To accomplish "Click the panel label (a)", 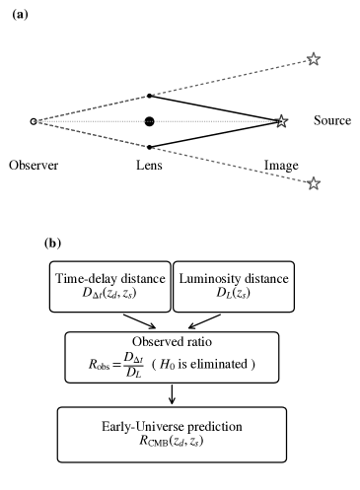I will click(18, 13).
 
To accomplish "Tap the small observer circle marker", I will click(35, 121).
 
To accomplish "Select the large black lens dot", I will click(149, 121).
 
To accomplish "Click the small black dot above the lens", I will click(149, 96).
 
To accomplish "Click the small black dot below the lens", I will click(149, 147).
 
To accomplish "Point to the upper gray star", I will click(314, 59).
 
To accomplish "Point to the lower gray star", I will click(314, 183).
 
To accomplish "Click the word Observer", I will click(34, 166).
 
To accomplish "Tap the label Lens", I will click(150, 166).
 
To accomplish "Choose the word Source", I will click(331, 121).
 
